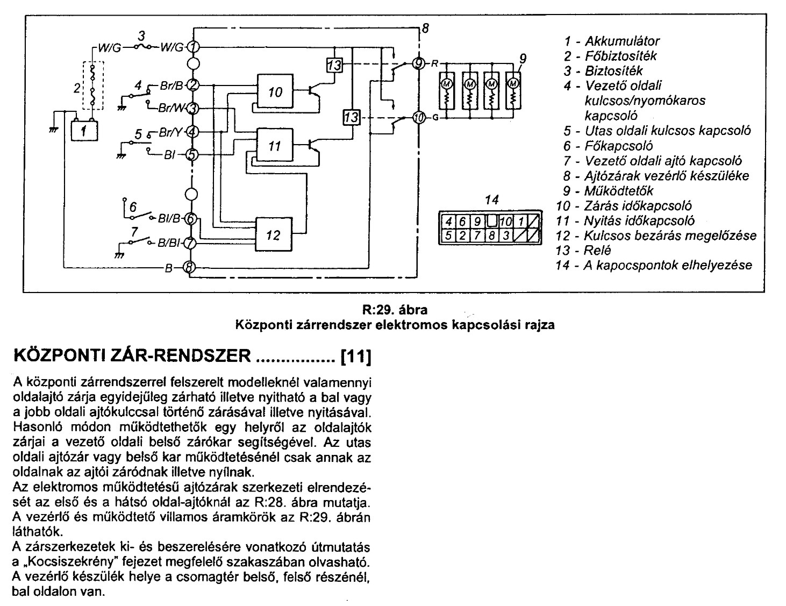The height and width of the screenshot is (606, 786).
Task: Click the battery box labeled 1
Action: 85,131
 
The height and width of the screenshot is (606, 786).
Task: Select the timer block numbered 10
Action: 275,92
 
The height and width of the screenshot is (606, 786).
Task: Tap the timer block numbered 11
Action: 274,146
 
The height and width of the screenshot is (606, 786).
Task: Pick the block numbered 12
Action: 274,234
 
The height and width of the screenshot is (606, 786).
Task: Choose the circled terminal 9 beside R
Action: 419,63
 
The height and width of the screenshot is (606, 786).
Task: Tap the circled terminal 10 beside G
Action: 419,117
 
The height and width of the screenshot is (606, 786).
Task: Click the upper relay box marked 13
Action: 334,65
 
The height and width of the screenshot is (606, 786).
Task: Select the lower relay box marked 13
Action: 351,117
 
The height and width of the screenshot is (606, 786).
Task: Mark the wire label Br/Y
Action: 171,132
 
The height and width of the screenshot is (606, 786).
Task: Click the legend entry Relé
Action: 598,250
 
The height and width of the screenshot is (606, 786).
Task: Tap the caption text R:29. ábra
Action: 395,310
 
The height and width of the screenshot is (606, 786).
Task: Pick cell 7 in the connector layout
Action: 476,235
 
